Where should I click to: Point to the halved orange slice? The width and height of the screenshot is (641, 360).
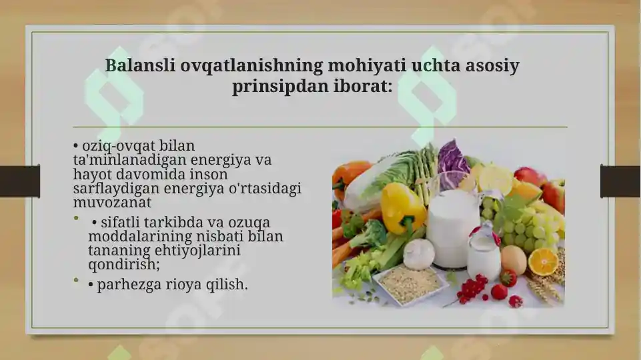click(x=543, y=262)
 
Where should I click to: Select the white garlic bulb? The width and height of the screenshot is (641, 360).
click(x=419, y=254)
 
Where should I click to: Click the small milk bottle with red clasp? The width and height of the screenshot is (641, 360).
click(x=484, y=253)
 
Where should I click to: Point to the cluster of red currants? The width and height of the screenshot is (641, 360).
click(x=472, y=287)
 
